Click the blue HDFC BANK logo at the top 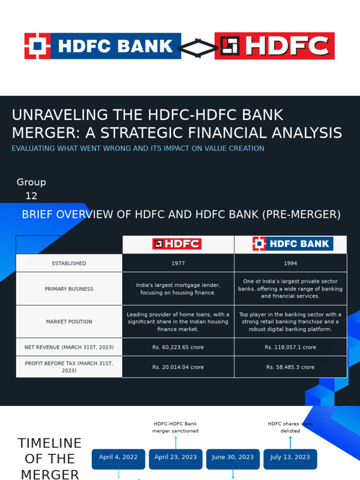[103, 46]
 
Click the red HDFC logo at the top [274, 46]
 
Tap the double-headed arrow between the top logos [198, 47]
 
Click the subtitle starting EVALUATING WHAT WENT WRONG [138, 149]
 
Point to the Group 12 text [31, 189]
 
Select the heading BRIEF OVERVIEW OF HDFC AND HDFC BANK [181, 215]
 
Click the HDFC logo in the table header [177, 244]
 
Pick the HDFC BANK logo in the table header [292, 244]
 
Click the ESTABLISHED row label [69, 263]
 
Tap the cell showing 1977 [178, 263]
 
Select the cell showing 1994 [290, 263]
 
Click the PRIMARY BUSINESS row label [69, 289]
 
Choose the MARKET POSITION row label [69, 322]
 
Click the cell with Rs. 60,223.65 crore [178, 347]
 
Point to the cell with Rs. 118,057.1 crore [290, 347]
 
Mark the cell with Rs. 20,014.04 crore [178, 367]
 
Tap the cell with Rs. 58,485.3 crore [290, 367]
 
